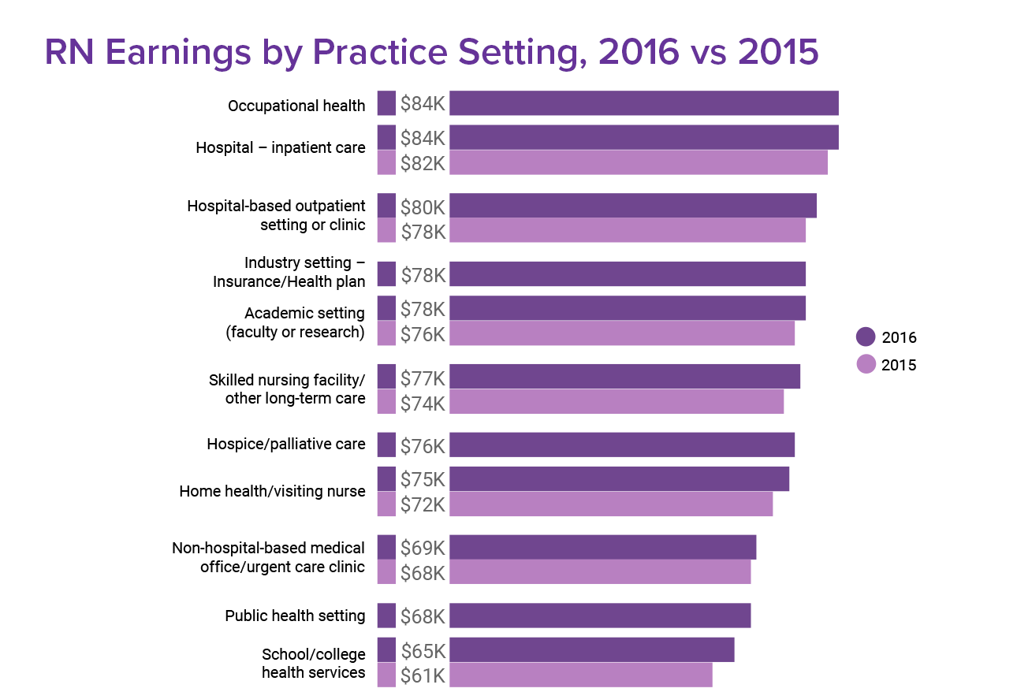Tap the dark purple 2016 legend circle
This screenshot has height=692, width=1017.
866,337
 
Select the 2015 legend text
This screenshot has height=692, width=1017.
899,365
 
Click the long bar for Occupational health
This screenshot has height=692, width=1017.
643,103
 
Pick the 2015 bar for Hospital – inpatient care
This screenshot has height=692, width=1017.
638,162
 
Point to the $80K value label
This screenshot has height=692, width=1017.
423,207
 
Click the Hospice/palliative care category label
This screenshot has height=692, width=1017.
286,445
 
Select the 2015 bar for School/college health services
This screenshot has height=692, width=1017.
580,675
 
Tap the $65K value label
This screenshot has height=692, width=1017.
423,651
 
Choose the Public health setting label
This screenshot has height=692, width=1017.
295,616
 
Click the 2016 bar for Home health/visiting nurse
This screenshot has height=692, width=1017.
619,479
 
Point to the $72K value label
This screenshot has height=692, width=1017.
423,504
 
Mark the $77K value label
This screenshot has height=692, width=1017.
423,378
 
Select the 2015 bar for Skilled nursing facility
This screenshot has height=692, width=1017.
616,402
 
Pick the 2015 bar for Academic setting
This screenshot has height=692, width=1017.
621,333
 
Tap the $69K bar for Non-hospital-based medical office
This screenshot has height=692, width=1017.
602,547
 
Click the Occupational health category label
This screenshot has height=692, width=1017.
296,106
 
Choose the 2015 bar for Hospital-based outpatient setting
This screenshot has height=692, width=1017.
627,230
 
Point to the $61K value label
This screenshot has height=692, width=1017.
423,675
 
